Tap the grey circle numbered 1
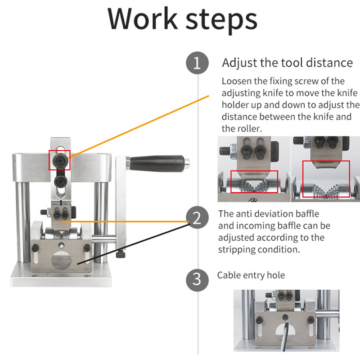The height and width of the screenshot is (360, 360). coord(197,63)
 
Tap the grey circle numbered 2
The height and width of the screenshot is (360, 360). coord(197,218)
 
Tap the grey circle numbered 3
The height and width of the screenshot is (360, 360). coord(197,279)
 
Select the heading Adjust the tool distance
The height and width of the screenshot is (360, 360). coord(287,62)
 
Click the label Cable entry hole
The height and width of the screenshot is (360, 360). coord(251,275)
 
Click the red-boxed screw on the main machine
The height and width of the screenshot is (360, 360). coord(60,160)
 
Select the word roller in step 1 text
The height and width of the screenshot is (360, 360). coord(245,128)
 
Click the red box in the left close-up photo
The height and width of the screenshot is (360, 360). coord(254,182)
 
